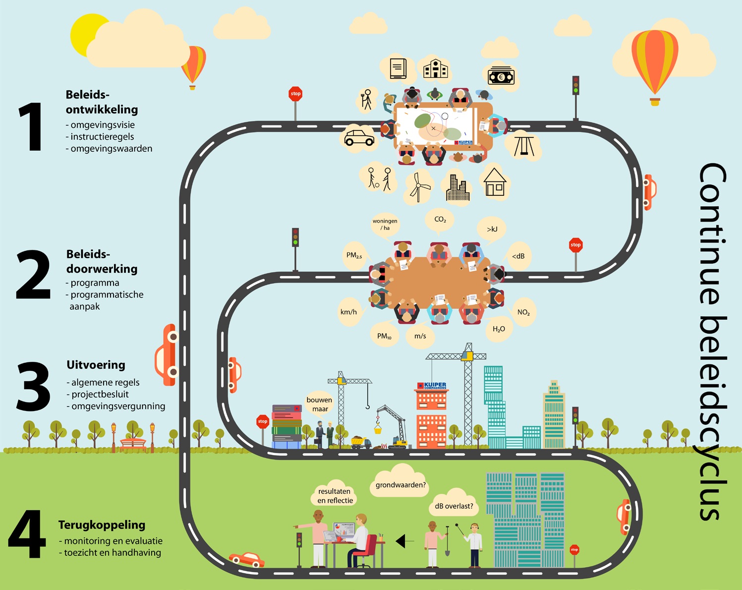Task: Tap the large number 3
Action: pyautogui.click(x=33, y=387)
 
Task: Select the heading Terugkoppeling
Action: pyautogui.click(x=102, y=525)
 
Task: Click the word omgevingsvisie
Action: pyautogui.click(x=102, y=125)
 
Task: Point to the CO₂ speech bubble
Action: pyautogui.click(x=440, y=220)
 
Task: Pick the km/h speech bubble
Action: pyautogui.click(x=348, y=312)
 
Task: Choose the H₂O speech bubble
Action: pyautogui.click(x=499, y=329)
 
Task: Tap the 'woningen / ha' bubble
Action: pyautogui.click(x=385, y=225)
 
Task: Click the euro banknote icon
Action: pyautogui.click(x=501, y=77)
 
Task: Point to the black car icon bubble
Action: pyautogui.click(x=359, y=138)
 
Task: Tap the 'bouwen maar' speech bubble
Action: pyautogui.click(x=319, y=404)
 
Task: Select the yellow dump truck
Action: pyautogui.click(x=360, y=442)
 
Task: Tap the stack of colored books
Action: pyautogui.click(x=286, y=426)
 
